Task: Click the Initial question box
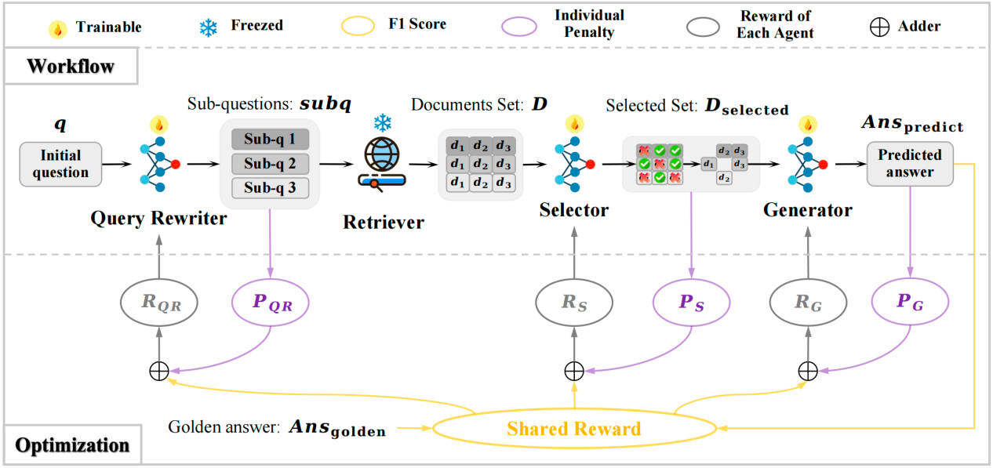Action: (x=61, y=164)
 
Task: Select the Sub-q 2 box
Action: (x=270, y=164)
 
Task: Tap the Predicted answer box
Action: (x=910, y=163)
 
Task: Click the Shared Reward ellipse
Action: (x=573, y=429)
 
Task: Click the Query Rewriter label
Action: (x=158, y=218)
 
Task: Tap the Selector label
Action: (x=574, y=209)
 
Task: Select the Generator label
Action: (x=808, y=210)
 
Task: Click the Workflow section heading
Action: (x=71, y=67)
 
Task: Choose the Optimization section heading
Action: (x=72, y=445)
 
